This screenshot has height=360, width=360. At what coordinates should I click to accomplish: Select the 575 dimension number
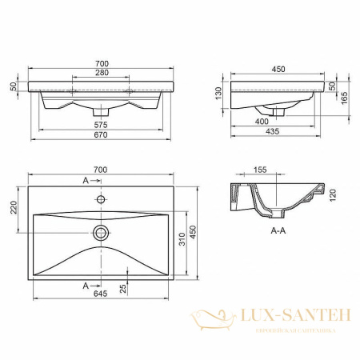101,126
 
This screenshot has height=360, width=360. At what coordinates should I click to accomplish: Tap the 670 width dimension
101,137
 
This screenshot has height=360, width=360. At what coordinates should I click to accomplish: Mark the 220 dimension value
14,207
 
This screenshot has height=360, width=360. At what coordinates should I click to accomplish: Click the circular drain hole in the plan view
101,233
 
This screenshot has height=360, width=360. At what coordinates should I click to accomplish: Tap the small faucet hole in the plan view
101,197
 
